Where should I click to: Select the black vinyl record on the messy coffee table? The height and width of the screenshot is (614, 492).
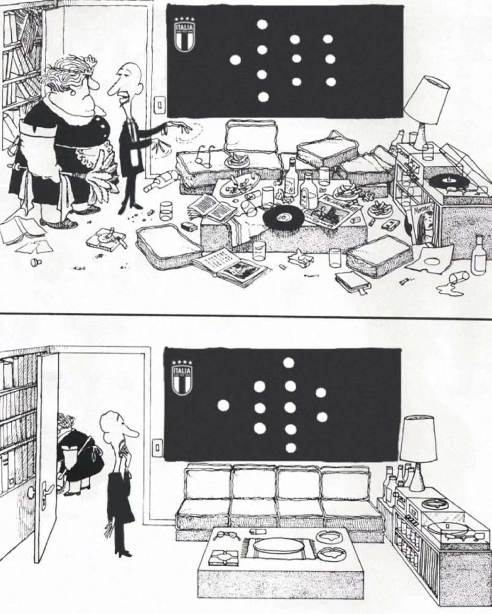283,219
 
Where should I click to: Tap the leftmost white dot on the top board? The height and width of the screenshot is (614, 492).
235,60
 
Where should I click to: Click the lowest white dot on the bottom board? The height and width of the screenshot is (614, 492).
291,448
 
